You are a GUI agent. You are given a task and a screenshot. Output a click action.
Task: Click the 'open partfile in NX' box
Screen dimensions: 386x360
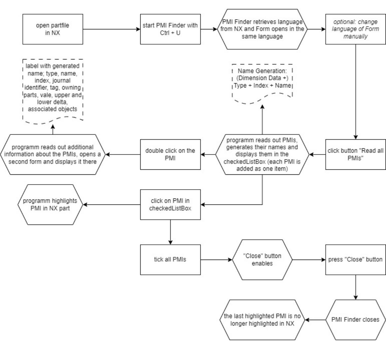click(53, 29)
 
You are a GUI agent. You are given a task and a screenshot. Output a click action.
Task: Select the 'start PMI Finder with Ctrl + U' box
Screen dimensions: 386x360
click(170, 29)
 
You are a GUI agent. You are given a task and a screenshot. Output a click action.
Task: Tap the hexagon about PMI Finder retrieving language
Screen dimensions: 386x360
click(262, 29)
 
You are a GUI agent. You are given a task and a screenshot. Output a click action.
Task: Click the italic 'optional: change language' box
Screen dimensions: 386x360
click(355, 29)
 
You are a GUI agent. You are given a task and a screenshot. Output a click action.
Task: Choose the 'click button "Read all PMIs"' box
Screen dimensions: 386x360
click(355, 155)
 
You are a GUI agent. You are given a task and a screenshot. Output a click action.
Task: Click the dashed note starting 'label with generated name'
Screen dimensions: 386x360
click(53, 91)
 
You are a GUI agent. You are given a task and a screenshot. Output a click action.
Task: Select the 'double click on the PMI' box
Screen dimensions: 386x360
click(170, 155)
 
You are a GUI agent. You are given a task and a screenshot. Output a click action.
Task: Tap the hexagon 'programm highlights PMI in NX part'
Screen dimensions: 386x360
click(50, 204)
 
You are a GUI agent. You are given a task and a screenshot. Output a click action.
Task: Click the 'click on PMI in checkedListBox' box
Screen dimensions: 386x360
click(170, 204)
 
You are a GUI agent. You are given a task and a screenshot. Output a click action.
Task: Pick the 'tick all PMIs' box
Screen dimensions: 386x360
click(170, 260)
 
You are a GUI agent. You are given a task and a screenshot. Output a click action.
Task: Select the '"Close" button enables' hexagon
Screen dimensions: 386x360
click(262, 260)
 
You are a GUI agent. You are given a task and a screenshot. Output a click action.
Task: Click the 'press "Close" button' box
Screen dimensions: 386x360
click(355, 260)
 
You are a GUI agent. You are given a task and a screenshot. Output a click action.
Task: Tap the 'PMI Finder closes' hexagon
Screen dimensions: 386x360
click(355, 320)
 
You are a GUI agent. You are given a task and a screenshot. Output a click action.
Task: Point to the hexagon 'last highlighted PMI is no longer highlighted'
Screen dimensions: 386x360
click(262, 320)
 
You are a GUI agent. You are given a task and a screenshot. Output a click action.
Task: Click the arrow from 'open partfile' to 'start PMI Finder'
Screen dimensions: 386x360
click(112, 29)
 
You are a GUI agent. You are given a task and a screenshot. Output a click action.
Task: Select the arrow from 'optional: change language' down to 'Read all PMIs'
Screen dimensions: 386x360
click(355, 92)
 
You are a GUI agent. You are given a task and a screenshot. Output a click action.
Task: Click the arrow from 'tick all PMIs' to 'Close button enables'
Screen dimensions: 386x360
click(216, 260)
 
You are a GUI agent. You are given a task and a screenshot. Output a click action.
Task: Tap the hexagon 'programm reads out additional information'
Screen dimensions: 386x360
click(53, 155)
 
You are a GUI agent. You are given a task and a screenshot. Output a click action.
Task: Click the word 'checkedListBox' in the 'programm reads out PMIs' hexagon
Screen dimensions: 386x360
click(244, 162)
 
